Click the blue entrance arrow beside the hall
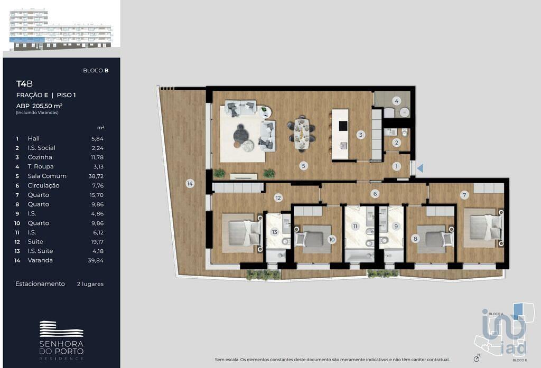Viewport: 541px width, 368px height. pyautogui.click(x=420, y=168)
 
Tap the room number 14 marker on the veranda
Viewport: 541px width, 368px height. pyautogui.click(x=190, y=184)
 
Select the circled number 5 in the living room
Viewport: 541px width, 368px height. pyautogui.click(x=304, y=166)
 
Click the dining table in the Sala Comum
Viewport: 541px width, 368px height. pyautogui.click(x=302, y=134)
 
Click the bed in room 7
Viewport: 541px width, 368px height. pyautogui.click(x=483, y=228)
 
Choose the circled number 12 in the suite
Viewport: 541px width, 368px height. pyautogui.click(x=278, y=197)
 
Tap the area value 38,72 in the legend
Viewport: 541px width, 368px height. pyautogui.click(x=96, y=176)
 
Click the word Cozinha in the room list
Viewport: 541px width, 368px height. pyautogui.click(x=40, y=157)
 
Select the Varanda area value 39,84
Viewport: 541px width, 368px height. pyautogui.click(x=96, y=260)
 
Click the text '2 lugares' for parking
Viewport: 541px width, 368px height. pyautogui.click(x=90, y=284)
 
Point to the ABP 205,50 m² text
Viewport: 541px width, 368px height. pyautogui.click(x=39, y=106)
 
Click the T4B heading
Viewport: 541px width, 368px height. pyautogui.click(x=24, y=83)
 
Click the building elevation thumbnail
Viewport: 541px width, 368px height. pyautogui.click(x=61, y=30)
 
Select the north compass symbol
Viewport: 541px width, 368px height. pyautogui.click(x=477, y=358)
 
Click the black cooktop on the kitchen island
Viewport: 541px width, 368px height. pyautogui.click(x=343, y=126)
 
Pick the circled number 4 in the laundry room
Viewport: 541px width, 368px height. pyautogui.click(x=396, y=101)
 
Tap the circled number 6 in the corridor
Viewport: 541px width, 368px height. pyautogui.click(x=375, y=194)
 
